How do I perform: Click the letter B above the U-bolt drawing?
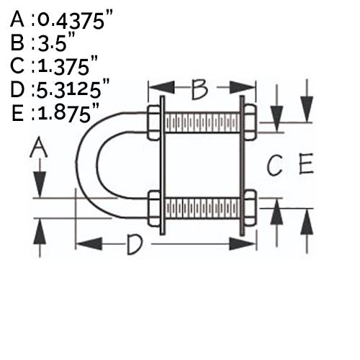coord(199,89)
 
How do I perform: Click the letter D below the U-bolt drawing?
coord(135,245)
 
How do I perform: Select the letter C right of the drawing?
coord(274,165)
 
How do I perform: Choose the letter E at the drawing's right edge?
coord(306,163)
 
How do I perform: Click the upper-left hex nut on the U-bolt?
coord(153,122)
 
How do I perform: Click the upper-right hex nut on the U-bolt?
coord(250,122)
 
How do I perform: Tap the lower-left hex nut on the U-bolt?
coord(154,208)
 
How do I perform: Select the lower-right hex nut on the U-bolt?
coord(251,208)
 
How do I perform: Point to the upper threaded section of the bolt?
coord(202,122)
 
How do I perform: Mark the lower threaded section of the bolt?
coord(202,208)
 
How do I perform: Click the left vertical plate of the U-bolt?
coord(163,166)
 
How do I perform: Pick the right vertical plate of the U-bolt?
coord(242,166)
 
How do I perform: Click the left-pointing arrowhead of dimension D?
coord(89,244)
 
